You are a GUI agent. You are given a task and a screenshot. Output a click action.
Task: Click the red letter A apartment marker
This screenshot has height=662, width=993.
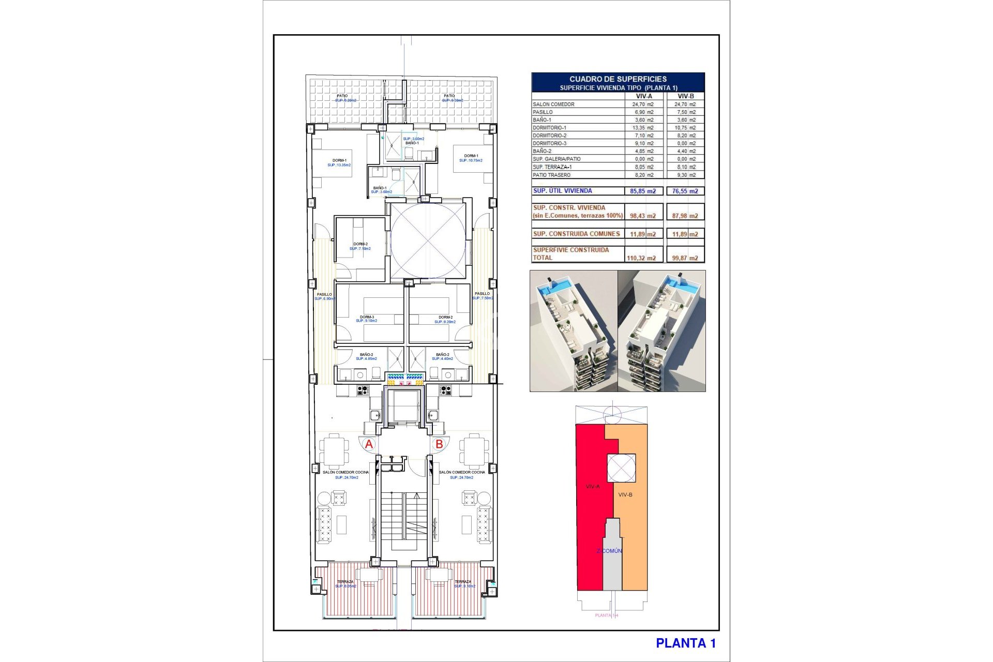pyautogui.click(x=369, y=444)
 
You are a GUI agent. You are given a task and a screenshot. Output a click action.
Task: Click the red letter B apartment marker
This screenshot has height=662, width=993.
pyautogui.click(x=439, y=444)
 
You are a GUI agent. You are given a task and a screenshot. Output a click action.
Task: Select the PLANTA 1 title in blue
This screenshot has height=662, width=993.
pyautogui.click(x=686, y=643)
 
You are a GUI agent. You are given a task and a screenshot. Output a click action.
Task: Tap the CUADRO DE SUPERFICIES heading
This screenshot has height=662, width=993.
pyautogui.click(x=618, y=79)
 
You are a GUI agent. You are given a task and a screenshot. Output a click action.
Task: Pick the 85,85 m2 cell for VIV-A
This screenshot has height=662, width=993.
pyautogui.click(x=643, y=191)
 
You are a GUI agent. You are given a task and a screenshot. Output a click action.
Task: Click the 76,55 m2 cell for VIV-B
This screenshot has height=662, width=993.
pyautogui.click(x=685, y=191)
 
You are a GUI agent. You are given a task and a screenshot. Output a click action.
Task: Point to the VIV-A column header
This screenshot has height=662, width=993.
pyautogui.click(x=644, y=96)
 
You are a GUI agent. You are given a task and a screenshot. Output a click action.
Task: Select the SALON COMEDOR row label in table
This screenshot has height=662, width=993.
pyautogui.click(x=553, y=104)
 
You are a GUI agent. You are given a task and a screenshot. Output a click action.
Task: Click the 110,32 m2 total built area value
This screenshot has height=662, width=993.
pyautogui.click(x=643, y=258)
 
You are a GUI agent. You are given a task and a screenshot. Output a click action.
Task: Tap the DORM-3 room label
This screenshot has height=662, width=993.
pyautogui.click(x=367, y=317)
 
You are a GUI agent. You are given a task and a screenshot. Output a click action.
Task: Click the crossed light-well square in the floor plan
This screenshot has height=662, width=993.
pyautogui.click(x=428, y=240)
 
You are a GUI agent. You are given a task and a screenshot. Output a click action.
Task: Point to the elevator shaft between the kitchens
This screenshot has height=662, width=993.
pyautogui.click(x=404, y=407)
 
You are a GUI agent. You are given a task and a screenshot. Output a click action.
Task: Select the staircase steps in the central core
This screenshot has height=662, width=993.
pyautogui.click(x=404, y=517)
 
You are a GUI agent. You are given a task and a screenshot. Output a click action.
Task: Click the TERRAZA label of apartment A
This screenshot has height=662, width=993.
pyautogui.click(x=345, y=582)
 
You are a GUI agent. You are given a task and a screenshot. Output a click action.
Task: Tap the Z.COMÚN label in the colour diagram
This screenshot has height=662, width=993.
pyautogui.click(x=610, y=551)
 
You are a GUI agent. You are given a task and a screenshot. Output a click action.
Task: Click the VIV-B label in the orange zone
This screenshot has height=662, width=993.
pyautogui.click(x=625, y=495)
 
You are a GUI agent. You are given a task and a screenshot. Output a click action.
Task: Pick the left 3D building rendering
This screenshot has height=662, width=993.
pyautogui.click(x=574, y=331)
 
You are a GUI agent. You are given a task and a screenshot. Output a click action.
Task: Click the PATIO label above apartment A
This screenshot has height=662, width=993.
pyautogui.click(x=342, y=96)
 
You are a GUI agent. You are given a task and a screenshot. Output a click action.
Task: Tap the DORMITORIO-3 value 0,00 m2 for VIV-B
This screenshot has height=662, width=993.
pyautogui.click(x=685, y=144)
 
